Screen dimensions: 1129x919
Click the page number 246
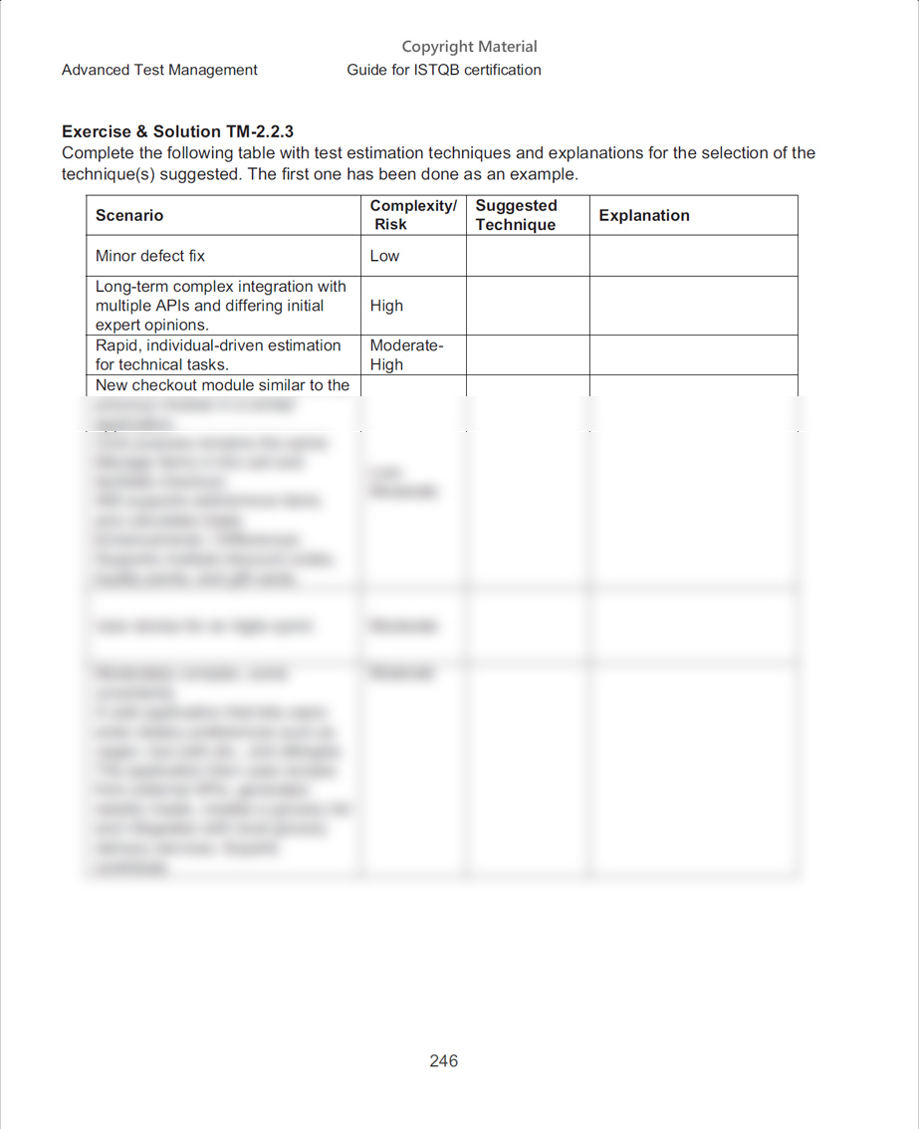443,1060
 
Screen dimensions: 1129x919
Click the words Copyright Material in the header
469,47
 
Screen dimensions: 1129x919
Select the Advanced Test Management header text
159,70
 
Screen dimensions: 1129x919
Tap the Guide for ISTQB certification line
444,70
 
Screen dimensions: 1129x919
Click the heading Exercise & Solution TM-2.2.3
177,131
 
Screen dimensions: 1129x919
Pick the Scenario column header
129,215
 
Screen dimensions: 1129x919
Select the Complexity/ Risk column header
412,215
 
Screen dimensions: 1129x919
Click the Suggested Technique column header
516,215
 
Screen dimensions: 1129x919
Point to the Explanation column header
644,215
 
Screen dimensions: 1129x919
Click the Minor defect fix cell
150,256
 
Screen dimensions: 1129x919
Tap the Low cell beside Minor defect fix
384,256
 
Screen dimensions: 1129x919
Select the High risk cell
386,306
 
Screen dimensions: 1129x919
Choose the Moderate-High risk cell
406,354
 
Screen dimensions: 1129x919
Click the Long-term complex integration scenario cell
221,306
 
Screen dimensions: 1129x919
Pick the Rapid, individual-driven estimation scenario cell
218,354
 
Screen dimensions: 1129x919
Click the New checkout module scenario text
222,385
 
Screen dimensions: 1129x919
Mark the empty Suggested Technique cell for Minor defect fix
527,256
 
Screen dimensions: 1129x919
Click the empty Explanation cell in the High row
693,306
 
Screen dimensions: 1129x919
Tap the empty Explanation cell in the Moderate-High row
693,354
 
